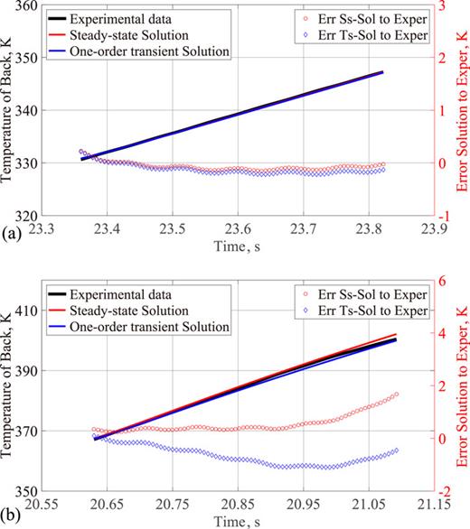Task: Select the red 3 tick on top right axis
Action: point(443,6)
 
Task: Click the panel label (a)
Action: point(11,230)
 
